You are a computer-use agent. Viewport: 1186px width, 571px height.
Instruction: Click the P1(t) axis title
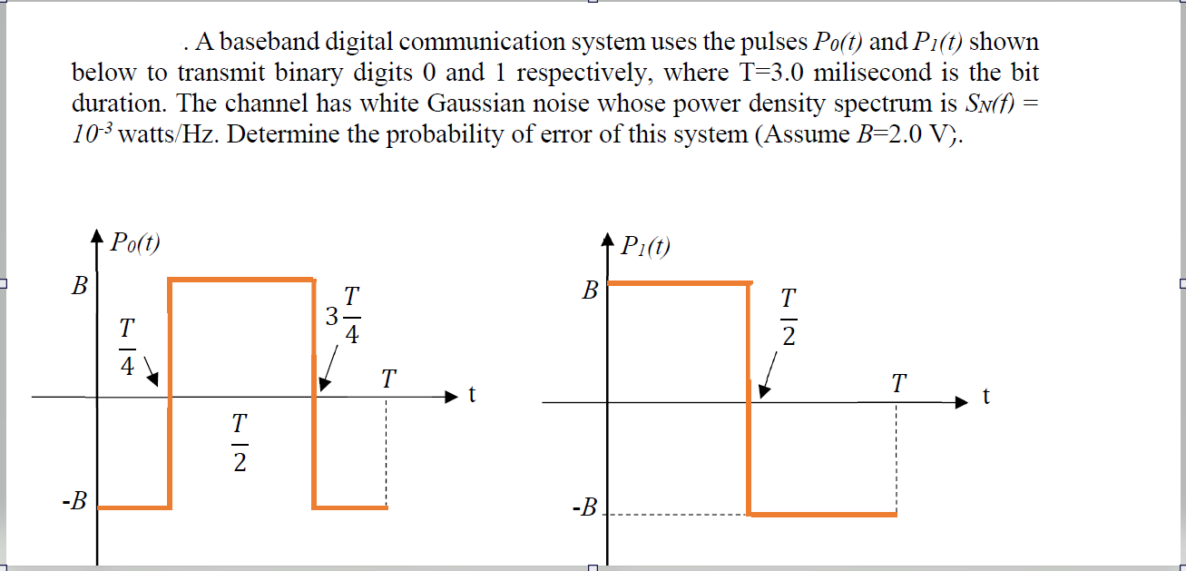coord(645,246)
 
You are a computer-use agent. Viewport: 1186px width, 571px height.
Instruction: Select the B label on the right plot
coord(590,291)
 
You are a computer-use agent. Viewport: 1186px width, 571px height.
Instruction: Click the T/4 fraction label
coord(127,346)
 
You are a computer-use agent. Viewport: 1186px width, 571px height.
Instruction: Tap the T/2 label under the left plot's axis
coord(238,443)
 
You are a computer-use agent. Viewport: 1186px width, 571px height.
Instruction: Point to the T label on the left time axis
coord(387,378)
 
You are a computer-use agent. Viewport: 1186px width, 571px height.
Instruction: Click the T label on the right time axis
coord(897,384)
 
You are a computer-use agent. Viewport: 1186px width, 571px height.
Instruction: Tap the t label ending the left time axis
coord(471,396)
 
